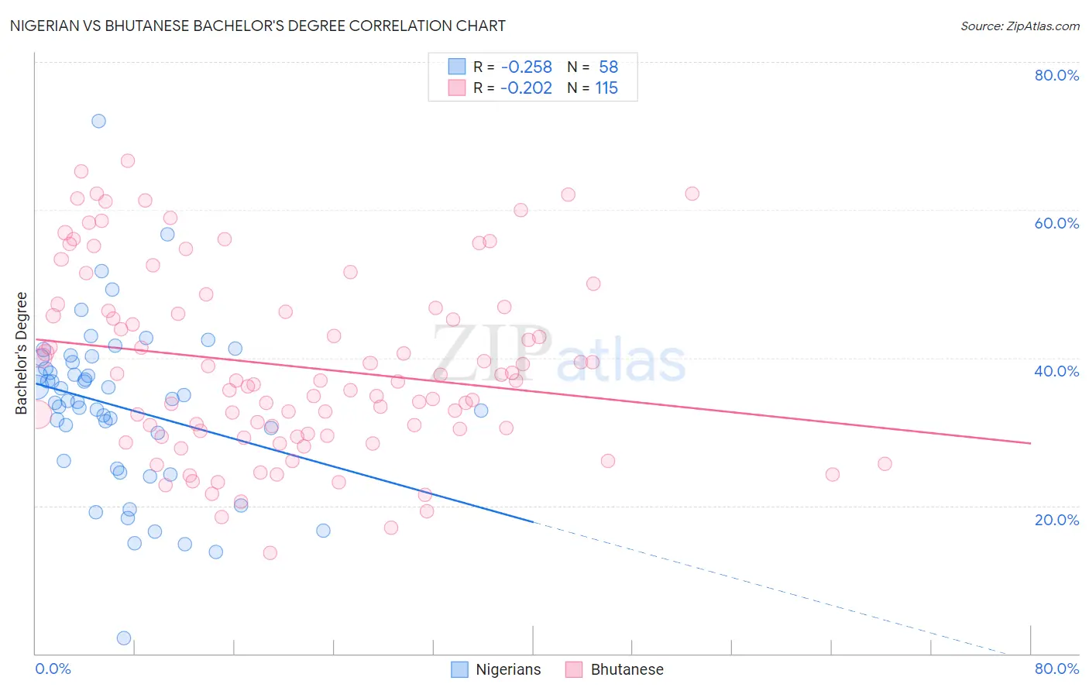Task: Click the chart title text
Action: tap(257, 26)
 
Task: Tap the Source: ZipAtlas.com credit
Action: tap(1019, 26)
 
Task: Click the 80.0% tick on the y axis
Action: tap(1056, 75)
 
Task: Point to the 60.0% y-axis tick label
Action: tap(1056, 223)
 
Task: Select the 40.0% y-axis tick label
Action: tap(1056, 371)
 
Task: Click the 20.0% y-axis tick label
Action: tap(1056, 519)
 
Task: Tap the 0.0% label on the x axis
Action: tap(53, 669)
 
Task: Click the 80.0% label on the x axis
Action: tap(1056, 669)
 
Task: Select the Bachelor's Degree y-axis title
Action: tap(22, 353)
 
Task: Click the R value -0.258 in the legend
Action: tap(526, 67)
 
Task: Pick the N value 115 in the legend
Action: tap(606, 88)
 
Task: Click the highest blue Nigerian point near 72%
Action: tap(98, 121)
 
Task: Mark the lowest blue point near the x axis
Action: tap(123, 638)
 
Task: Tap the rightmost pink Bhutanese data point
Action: tap(885, 464)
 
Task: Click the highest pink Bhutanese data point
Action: tap(128, 161)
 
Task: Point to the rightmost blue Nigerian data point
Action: tap(481, 411)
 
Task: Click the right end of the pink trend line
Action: tap(1030, 443)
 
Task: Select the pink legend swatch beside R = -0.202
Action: tap(457, 88)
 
